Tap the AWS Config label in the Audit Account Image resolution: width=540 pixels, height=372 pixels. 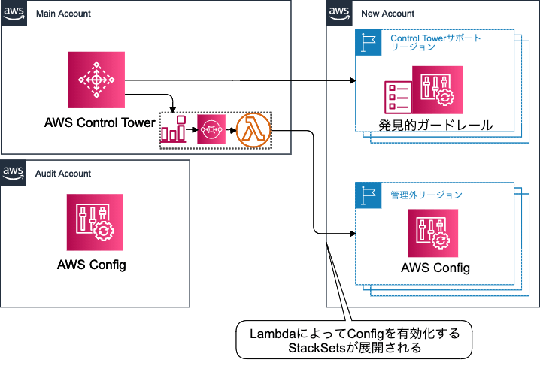tap(91, 265)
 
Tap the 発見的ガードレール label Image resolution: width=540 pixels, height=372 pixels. tap(435, 125)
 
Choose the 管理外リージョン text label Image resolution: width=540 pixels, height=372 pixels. tap(426, 195)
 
